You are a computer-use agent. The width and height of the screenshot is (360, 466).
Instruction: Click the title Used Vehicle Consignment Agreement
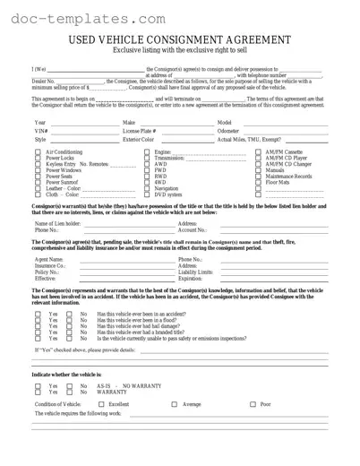point(180,40)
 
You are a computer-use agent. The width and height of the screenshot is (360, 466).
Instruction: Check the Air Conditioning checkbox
point(38,153)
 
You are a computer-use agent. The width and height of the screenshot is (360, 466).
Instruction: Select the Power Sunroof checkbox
point(38,182)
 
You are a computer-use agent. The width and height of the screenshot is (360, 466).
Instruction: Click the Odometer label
point(228,131)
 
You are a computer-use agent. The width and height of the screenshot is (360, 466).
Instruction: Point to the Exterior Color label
point(138,140)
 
